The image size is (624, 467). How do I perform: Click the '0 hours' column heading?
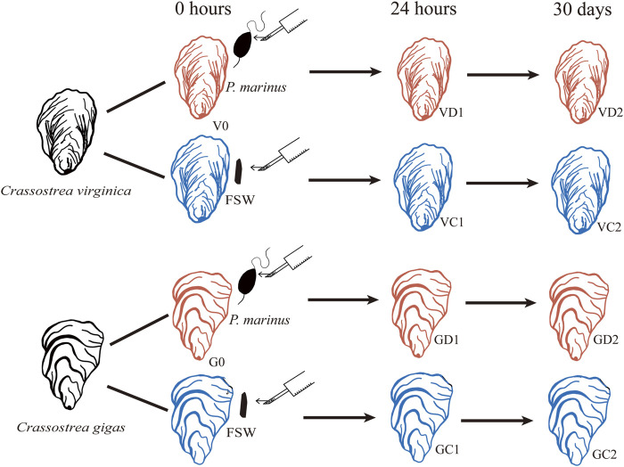[203, 9]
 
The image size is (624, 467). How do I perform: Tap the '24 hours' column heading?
[423, 9]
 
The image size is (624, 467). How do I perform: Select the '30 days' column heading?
[582, 10]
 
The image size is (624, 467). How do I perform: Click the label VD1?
[451, 112]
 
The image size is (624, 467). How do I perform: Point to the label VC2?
[609, 227]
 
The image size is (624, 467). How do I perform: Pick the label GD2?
[605, 340]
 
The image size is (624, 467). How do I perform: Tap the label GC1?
[447, 449]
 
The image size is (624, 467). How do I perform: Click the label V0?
[221, 127]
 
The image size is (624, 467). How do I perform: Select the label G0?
[217, 362]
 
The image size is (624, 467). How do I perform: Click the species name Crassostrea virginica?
[66, 192]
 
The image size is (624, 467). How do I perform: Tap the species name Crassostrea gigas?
[70, 428]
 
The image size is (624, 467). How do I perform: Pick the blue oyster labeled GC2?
[579, 421]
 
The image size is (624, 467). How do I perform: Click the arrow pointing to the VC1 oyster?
[345, 180]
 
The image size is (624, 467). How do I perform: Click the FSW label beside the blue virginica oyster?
[240, 200]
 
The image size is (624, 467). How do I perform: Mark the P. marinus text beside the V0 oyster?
[256, 87]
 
